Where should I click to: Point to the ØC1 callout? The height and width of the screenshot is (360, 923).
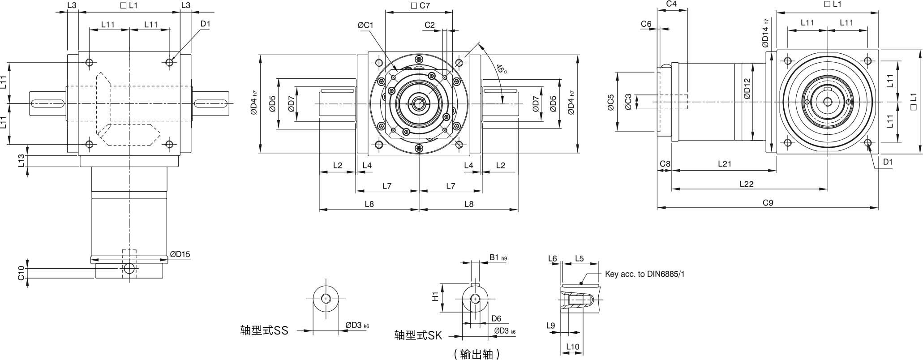(365, 26)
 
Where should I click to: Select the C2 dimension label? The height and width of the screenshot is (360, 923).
(429, 25)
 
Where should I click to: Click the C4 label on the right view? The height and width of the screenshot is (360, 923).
(671, 4)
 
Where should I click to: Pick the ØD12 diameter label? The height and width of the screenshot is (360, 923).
(746, 89)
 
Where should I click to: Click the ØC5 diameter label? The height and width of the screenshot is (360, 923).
(610, 103)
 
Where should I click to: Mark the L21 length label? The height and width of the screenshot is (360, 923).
(724, 164)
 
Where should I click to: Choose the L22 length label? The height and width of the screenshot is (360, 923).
(746, 184)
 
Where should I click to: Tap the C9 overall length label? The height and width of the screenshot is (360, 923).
(768, 203)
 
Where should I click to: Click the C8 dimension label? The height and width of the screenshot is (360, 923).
(665, 164)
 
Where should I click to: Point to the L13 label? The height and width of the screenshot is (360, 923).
(21, 161)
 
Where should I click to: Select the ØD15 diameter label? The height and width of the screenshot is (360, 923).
(180, 254)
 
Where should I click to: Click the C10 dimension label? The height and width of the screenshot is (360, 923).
(21, 273)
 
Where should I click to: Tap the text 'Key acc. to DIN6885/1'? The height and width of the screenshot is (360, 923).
(644, 274)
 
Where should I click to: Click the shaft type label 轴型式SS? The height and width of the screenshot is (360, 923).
(264, 331)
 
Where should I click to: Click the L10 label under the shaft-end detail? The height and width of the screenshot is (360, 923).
(572, 347)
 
